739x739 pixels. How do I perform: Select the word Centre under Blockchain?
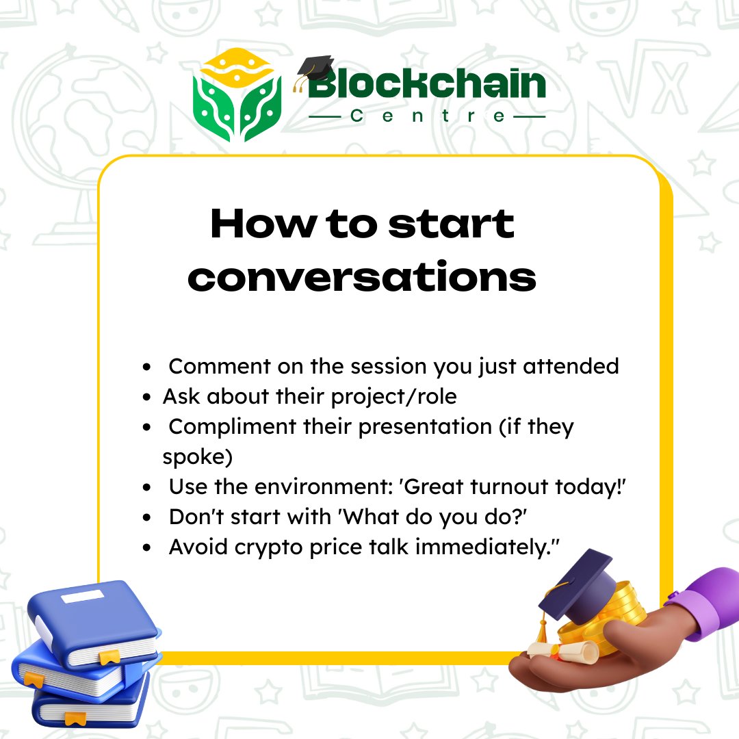(428, 116)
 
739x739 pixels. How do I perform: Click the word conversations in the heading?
(362, 277)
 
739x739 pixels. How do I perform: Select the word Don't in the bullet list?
(196, 517)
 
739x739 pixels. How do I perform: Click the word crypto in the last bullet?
(274, 547)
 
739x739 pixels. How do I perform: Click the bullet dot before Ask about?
(147, 398)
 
